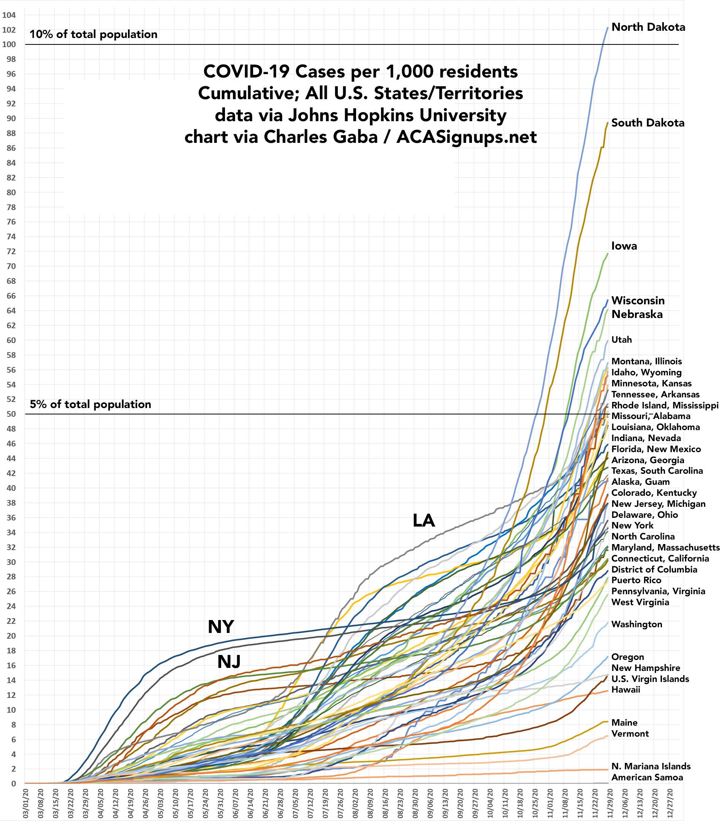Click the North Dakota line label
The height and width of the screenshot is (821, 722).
click(x=648, y=27)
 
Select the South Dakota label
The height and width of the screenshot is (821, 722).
click(x=648, y=123)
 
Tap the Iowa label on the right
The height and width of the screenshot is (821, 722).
click(x=624, y=246)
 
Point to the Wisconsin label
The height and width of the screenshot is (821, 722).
click(x=638, y=301)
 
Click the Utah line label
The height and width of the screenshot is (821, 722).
click(x=621, y=340)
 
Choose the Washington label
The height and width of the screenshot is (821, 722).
click(x=636, y=624)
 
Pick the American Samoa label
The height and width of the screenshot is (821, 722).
click(x=647, y=777)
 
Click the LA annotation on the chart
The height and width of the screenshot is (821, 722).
click(x=423, y=520)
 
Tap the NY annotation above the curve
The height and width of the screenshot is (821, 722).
click(x=220, y=626)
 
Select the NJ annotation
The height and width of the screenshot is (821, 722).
click(x=229, y=661)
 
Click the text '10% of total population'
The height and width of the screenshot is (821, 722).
click(x=93, y=35)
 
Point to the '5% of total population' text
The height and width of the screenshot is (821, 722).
click(x=90, y=404)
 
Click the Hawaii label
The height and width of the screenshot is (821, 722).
click(x=625, y=690)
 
